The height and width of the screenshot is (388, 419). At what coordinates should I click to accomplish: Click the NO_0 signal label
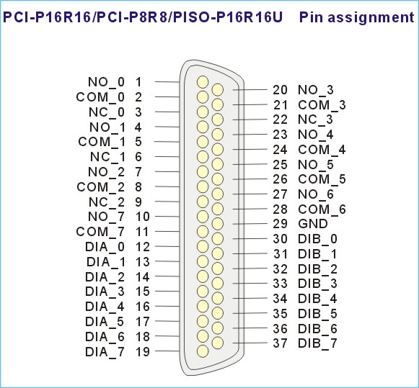click(x=106, y=82)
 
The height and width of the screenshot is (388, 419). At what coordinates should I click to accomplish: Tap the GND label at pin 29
click(x=313, y=224)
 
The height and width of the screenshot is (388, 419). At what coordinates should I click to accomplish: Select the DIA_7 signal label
click(x=105, y=352)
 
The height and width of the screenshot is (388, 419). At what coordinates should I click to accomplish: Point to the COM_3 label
click(x=322, y=105)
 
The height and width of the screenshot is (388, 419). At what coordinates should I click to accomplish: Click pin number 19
click(x=143, y=352)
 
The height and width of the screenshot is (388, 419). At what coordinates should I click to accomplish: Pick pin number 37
click(x=280, y=343)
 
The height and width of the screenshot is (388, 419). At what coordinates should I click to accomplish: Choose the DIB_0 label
click(x=318, y=239)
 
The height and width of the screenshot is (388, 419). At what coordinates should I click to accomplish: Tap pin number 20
click(x=280, y=90)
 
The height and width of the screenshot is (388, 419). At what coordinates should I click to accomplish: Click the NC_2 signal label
click(x=107, y=202)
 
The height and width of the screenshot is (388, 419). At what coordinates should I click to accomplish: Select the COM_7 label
click(x=100, y=232)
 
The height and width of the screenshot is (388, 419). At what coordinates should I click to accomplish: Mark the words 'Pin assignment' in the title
click(x=357, y=17)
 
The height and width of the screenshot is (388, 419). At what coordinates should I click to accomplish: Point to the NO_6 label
click(x=316, y=194)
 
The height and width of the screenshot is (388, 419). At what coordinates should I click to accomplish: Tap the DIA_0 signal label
click(x=105, y=247)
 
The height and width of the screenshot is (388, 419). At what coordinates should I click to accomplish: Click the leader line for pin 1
click(x=167, y=82)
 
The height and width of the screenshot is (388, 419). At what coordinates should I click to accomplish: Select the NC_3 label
click(x=316, y=119)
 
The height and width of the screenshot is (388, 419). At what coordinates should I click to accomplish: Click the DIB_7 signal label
click(x=318, y=343)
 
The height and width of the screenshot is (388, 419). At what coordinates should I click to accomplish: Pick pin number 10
click(x=143, y=217)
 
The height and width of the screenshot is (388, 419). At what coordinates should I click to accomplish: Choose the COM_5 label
click(x=322, y=179)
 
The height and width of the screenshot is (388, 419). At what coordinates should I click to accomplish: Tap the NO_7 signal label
click(x=106, y=217)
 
